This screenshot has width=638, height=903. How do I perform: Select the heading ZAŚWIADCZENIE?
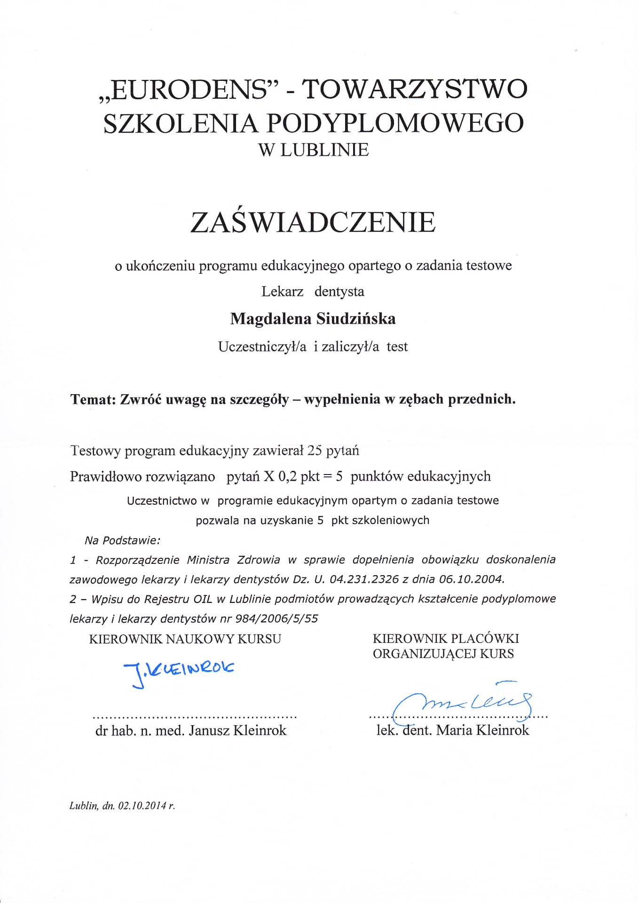pyautogui.click(x=313, y=222)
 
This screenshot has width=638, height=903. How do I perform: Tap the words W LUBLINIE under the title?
pyautogui.click(x=314, y=150)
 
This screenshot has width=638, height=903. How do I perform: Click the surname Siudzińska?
pyautogui.click(x=356, y=319)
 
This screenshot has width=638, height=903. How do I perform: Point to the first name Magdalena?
pyautogui.click(x=270, y=319)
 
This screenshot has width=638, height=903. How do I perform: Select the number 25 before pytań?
pyautogui.click(x=314, y=451)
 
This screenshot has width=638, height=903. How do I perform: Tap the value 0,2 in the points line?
pyautogui.click(x=288, y=476)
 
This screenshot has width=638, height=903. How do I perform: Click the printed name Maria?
pyautogui.click(x=454, y=730)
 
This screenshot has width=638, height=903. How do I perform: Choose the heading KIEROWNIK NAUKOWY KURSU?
pyautogui.click(x=185, y=639)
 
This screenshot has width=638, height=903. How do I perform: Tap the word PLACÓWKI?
pyautogui.click(x=485, y=638)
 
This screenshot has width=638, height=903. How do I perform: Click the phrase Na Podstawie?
pyautogui.click(x=122, y=540)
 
